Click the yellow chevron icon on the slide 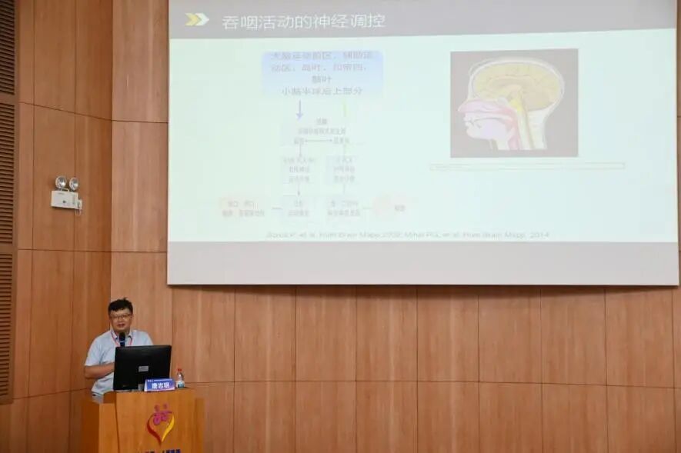coord(196,19)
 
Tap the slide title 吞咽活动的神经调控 coord(303,22)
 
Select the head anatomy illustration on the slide coord(513,103)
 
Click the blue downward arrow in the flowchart coord(299,109)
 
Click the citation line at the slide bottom coord(408,235)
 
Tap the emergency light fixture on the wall coord(66,192)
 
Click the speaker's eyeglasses coord(120,315)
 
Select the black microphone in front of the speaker coord(122,339)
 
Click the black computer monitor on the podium coord(142,366)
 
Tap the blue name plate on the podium coord(159,385)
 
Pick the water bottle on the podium coord(180,378)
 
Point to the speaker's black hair coord(120,304)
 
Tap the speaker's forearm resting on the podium coord(98,368)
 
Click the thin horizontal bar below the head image coord(527,165)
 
